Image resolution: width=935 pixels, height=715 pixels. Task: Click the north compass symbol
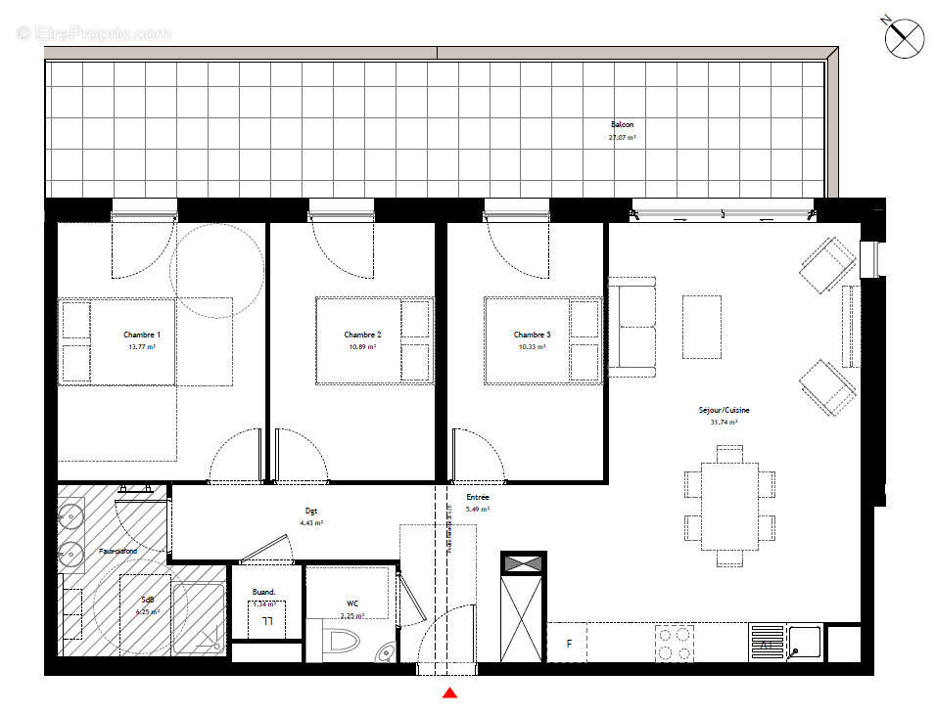904,38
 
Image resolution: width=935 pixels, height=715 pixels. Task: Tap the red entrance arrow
449,693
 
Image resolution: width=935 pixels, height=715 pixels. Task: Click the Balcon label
623,125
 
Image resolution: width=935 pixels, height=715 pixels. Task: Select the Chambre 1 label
142,335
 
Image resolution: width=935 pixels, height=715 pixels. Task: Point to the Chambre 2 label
362,335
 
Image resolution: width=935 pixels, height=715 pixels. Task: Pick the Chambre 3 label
532,335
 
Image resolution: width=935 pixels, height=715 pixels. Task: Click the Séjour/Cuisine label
724,411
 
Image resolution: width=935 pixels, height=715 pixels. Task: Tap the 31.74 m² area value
724,423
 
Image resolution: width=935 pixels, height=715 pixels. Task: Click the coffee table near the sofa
701,327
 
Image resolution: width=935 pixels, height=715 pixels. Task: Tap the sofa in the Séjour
631,327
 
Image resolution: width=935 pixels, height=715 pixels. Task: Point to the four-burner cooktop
674,643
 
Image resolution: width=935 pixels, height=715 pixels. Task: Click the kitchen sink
805,643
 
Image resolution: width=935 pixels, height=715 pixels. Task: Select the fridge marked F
568,644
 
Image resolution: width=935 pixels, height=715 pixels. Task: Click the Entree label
478,498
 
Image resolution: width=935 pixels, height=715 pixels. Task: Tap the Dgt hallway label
311,512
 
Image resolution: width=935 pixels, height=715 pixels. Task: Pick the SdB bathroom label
148,600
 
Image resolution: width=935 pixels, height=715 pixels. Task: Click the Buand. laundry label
263,593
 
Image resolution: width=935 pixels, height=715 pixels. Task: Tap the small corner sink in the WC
387,652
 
